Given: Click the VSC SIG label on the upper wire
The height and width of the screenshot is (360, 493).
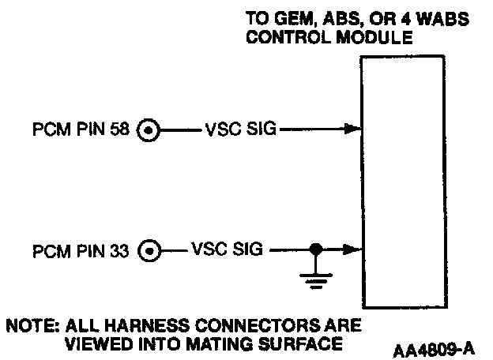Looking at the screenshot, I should pyautogui.click(x=238, y=128).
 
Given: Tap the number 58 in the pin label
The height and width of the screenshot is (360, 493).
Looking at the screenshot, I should pyautogui.click(x=122, y=128).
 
